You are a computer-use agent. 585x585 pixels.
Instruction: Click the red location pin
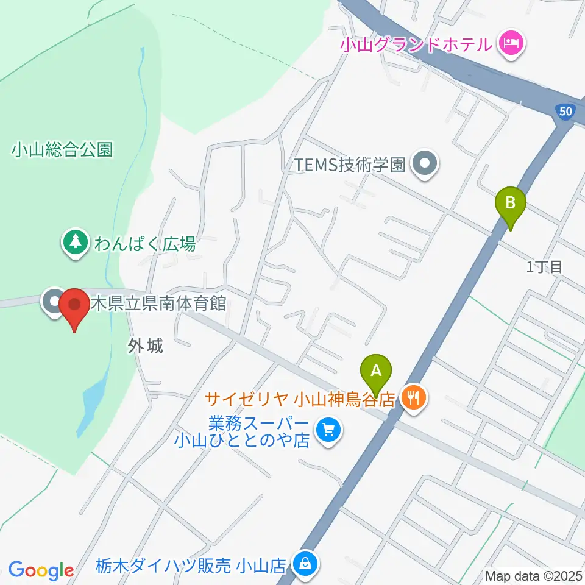pos(74,305)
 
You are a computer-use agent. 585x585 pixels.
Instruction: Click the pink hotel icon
pos(509,44)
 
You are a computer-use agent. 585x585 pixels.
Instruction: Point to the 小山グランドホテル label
pos(416,44)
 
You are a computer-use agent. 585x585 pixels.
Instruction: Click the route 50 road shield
pos(565,111)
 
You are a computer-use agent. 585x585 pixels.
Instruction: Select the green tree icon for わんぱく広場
pos(75,243)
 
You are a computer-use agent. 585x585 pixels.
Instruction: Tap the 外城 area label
pos(146,346)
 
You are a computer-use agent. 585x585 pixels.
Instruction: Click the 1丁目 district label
pos(544,266)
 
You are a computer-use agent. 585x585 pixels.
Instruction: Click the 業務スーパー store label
pos(243,430)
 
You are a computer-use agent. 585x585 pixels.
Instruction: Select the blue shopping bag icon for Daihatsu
pos(303,563)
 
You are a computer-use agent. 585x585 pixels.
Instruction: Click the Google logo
pos(41,570)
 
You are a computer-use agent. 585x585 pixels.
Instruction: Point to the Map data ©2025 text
pos(533,575)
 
